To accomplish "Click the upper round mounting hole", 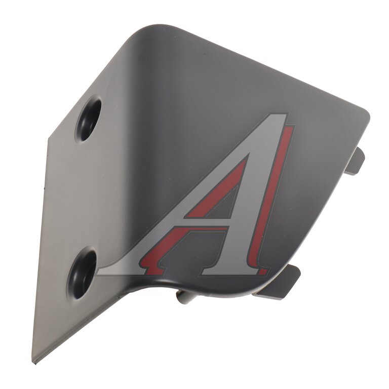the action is click(x=89, y=118).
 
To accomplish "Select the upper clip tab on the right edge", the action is click(x=357, y=161).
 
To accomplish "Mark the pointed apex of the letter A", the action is click(x=287, y=114).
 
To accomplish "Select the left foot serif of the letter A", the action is click(x=122, y=271).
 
